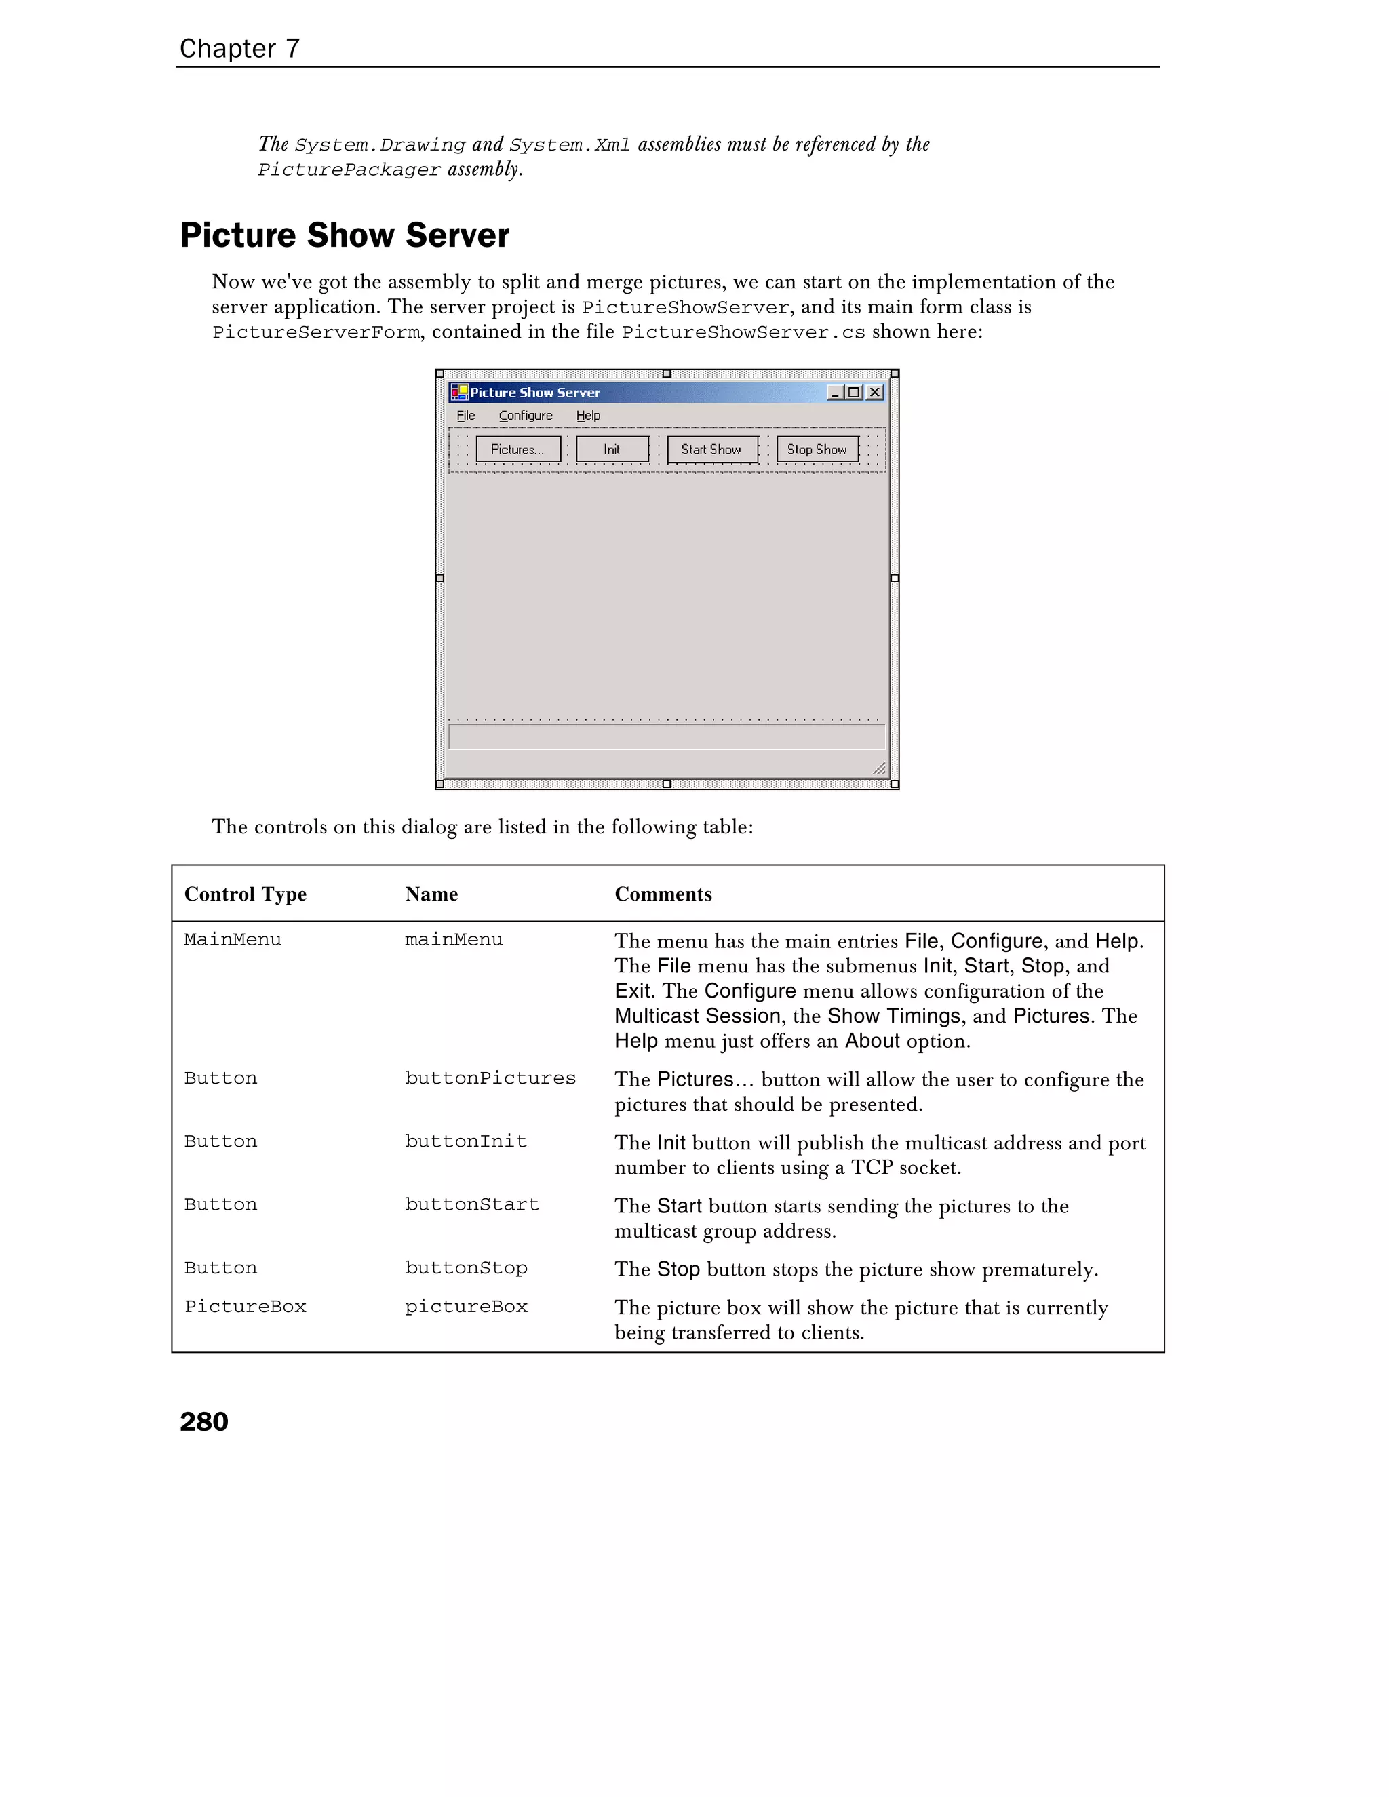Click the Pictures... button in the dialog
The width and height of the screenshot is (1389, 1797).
click(517, 449)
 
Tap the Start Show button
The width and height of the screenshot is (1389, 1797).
click(711, 449)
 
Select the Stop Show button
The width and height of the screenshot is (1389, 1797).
click(817, 449)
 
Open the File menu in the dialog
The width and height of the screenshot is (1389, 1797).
click(466, 416)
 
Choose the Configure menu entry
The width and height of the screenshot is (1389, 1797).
click(526, 416)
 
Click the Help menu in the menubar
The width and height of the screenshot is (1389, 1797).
click(588, 416)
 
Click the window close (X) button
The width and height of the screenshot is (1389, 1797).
click(875, 393)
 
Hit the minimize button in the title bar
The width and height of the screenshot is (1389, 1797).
click(835, 393)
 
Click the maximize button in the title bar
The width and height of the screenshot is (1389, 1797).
click(854, 393)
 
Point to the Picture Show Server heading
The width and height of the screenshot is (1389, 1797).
click(344, 235)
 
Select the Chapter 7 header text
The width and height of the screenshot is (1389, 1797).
click(239, 49)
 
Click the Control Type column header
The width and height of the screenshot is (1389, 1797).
click(246, 894)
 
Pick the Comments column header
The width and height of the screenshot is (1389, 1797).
click(663, 894)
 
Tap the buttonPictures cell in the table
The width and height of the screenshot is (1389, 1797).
click(490, 1078)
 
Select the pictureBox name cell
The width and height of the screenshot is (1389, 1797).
click(467, 1307)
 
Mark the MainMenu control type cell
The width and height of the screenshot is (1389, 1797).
click(233, 940)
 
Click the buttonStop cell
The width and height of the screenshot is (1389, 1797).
click(467, 1268)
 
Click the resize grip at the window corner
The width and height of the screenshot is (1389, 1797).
click(879, 768)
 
